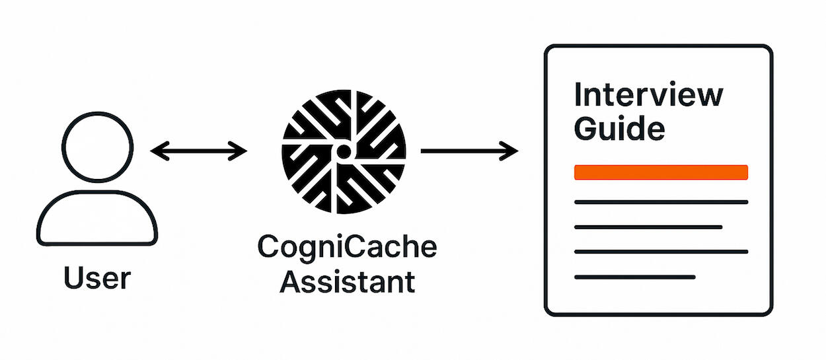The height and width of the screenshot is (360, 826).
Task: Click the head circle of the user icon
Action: (98, 146)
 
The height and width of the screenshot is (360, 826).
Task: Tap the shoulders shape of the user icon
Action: (98, 218)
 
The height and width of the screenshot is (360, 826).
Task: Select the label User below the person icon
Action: (98, 278)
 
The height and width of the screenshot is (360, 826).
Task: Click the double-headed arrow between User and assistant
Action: (198, 152)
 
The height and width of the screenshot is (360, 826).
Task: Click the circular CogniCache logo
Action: (344, 152)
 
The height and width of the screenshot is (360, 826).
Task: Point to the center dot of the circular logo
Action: (344, 152)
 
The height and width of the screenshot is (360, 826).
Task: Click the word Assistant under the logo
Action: (347, 282)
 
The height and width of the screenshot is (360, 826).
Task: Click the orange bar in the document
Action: (661, 172)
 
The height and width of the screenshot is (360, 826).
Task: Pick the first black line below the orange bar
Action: (661, 202)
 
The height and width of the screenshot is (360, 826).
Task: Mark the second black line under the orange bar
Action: (648, 227)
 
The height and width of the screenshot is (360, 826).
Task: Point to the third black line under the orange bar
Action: (661, 252)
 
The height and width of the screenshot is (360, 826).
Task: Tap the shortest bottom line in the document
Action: (634, 277)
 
